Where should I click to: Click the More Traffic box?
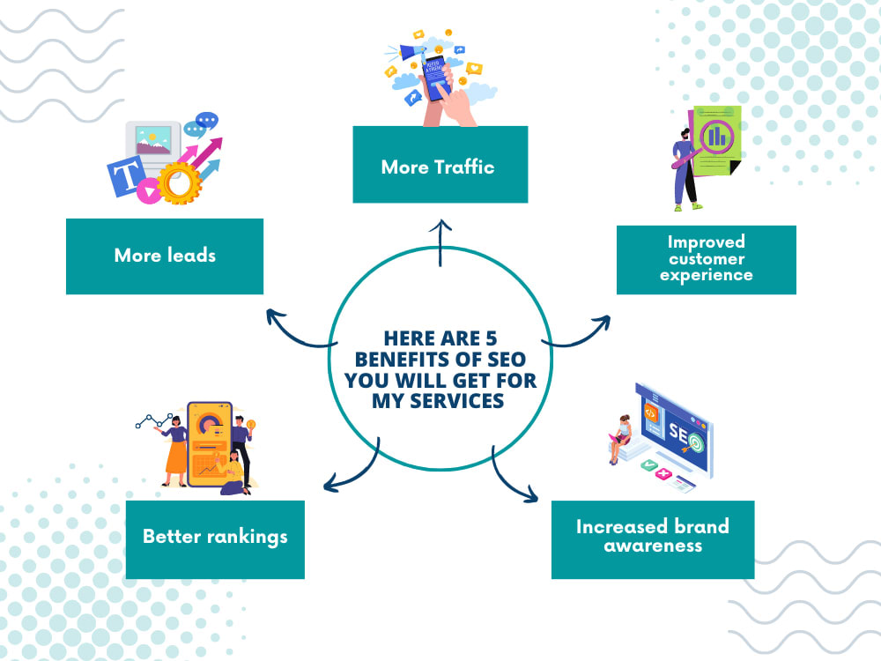pos(440,164)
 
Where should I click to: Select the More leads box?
pos(165,256)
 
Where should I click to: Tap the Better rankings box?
pos(215,539)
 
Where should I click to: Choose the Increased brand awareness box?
pos(653,539)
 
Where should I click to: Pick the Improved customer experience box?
pos(707,260)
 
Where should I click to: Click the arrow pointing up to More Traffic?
pos(440,243)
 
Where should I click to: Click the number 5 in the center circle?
pos(491,338)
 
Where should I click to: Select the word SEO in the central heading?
pos(507,360)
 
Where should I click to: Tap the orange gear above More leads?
pos(179,182)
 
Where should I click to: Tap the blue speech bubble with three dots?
pos(207,120)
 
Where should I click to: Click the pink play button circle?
pos(149,191)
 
